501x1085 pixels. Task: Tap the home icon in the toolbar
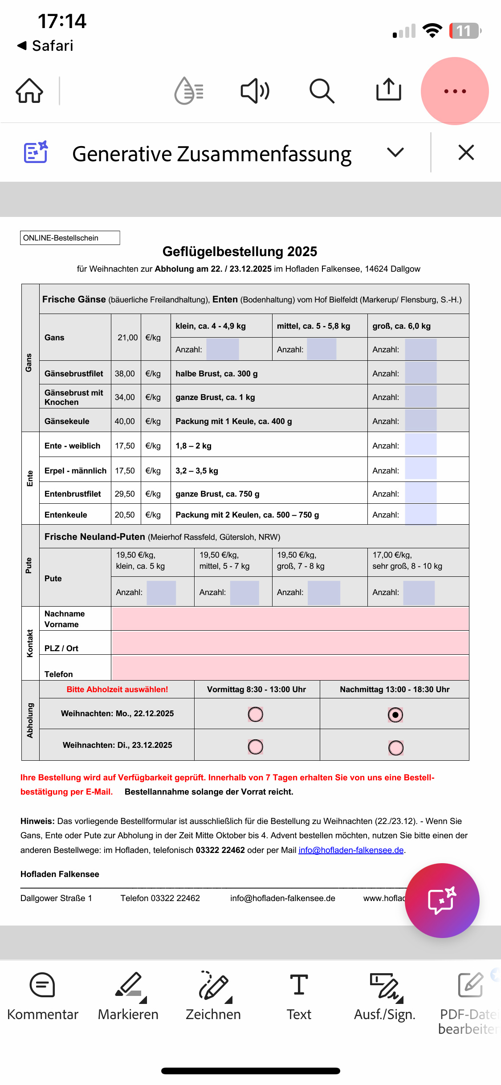(x=29, y=91)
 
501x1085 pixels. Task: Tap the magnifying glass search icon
(x=322, y=91)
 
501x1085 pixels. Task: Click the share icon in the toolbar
(x=388, y=90)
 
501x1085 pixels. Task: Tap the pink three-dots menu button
(x=455, y=91)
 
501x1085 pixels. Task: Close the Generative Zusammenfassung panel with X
(x=466, y=153)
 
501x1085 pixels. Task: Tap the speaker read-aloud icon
(x=255, y=91)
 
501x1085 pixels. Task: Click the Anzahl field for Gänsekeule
(x=420, y=421)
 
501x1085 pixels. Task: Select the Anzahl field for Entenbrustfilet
(x=420, y=493)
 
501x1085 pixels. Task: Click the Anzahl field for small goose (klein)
(x=223, y=349)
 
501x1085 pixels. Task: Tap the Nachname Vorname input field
(x=290, y=619)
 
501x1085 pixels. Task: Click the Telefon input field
(x=290, y=668)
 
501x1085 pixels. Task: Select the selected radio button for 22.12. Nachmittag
(x=395, y=715)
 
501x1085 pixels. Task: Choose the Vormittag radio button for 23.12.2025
(x=256, y=746)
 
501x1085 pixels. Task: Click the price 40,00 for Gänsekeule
(x=125, y=421)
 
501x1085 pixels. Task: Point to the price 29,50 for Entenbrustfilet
(x=125, y=494)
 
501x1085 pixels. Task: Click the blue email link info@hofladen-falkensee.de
(x=351, y=850)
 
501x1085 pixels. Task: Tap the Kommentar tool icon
(x=42, y=985)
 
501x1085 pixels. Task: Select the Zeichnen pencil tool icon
(x=213, y=985)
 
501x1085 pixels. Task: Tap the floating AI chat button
(x=442, y=901)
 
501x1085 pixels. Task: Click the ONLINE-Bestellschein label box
(x=70, y=238)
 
